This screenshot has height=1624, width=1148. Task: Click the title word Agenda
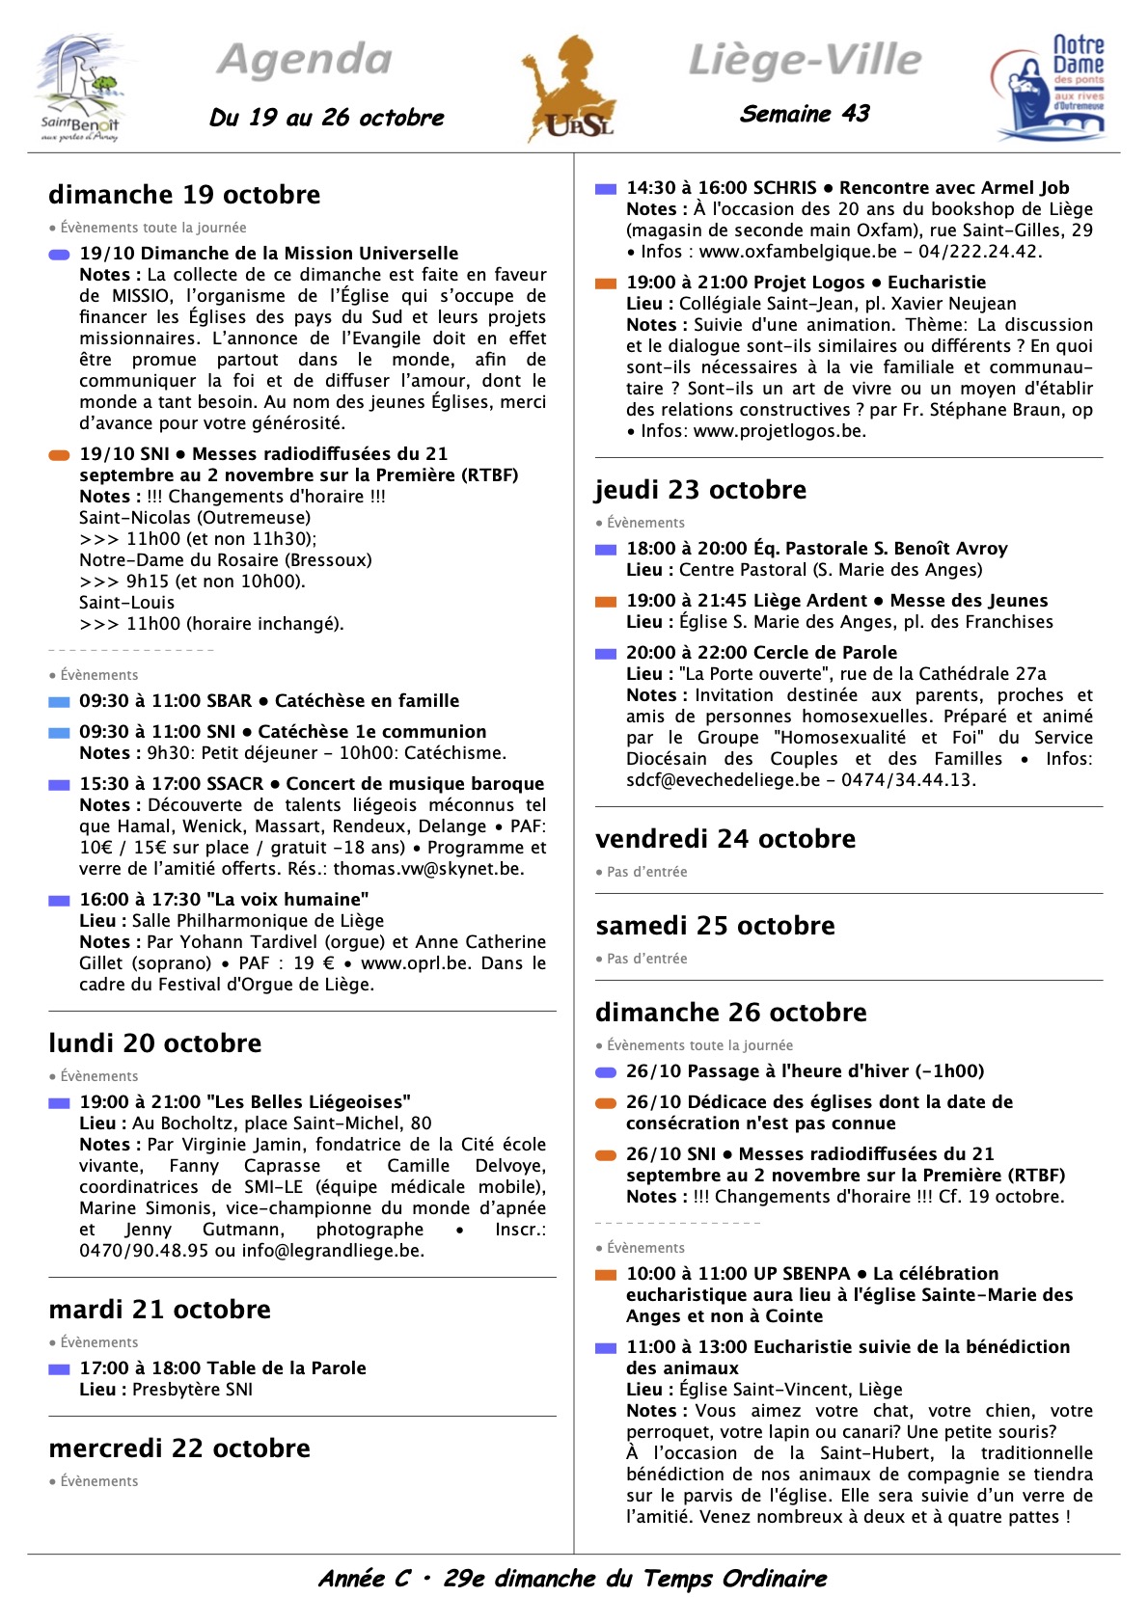(x=305, y=60)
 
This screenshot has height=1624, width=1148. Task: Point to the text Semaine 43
(x=805, y=114)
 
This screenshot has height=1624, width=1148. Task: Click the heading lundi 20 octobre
(x=155, y=1043)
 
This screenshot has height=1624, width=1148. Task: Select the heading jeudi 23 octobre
(x=700, y=490)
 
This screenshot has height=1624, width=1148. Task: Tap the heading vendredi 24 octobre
(x=725, y=839)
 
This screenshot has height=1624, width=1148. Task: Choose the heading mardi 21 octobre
(x=160, y=1310)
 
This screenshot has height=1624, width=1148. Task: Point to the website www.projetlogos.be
(x=779, y=431)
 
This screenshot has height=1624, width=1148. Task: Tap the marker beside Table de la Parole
(x=59, y=1369)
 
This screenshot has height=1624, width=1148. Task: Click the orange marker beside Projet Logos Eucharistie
(x=606, y=284)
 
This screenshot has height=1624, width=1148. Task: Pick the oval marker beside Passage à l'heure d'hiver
(x=606, y=1072)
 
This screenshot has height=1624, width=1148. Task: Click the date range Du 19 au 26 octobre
(x=327, y=118)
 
